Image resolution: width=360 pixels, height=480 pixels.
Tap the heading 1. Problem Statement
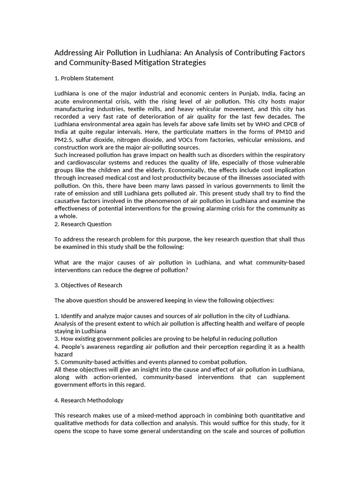[x=84, y=78]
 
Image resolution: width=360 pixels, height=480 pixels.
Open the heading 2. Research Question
[x=83, y=224]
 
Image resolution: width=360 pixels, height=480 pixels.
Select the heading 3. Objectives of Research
[x=88, y=285]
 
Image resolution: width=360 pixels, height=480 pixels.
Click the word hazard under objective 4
[x=64, y=354]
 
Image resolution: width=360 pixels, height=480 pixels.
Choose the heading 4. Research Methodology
[x=89, y=400]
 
